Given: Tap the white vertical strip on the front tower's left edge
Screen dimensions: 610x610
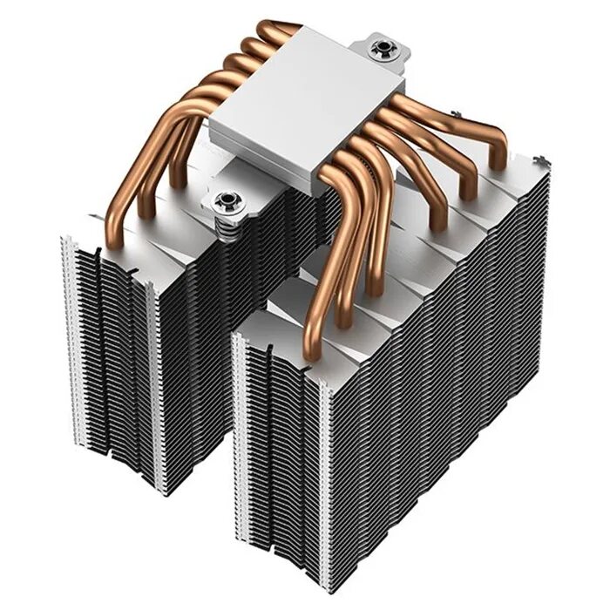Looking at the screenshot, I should point(235,436).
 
